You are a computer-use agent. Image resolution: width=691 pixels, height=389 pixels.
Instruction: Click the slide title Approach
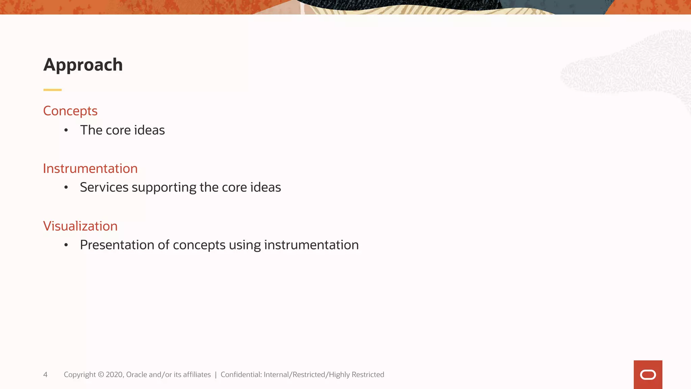83,65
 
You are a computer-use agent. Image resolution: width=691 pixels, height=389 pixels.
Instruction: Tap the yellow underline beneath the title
52,90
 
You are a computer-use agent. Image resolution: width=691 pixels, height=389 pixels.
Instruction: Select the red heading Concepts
70,111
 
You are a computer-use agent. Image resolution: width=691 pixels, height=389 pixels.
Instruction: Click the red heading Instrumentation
90,168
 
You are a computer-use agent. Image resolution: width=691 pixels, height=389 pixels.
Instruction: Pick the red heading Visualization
80,226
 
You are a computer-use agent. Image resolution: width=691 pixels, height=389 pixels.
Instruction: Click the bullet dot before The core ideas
66,130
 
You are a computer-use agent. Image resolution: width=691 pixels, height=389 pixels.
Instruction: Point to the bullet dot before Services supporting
66,187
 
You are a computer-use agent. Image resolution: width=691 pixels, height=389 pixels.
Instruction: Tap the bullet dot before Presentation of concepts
66,245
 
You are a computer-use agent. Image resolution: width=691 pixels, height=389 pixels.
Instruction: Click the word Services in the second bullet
104,187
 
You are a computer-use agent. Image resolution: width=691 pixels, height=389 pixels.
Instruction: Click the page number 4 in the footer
45,374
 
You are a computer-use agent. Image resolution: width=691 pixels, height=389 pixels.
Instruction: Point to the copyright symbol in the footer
101,374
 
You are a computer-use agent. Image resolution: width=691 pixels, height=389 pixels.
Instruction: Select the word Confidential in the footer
241,374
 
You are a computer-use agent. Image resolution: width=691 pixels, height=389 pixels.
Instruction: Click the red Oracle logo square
648,374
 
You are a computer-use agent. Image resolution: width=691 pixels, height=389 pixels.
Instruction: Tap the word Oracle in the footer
136,374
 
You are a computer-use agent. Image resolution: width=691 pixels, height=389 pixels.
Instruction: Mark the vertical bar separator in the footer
216,374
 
